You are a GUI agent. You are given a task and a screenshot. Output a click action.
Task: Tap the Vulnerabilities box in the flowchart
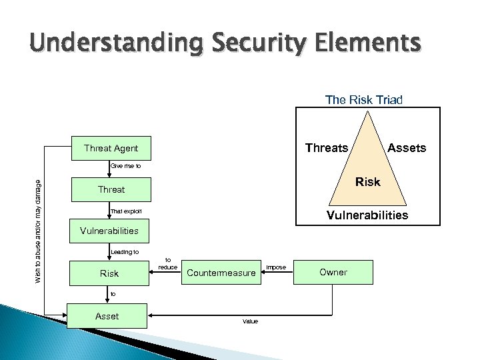point(109,231)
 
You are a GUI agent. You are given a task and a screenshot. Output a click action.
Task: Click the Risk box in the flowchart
point(109,273)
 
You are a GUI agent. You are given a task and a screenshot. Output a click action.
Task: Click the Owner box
point(333,272)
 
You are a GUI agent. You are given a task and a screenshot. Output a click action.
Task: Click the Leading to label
point(125,252)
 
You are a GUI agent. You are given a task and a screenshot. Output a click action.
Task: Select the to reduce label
point(167,263)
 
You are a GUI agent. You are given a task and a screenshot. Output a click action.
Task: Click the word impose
point(276,267)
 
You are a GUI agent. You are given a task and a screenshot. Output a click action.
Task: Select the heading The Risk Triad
point(364,99)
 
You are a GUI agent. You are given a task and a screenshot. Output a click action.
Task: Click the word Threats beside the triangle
point(326,148)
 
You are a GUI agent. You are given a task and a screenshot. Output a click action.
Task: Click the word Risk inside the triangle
point(367,181)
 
